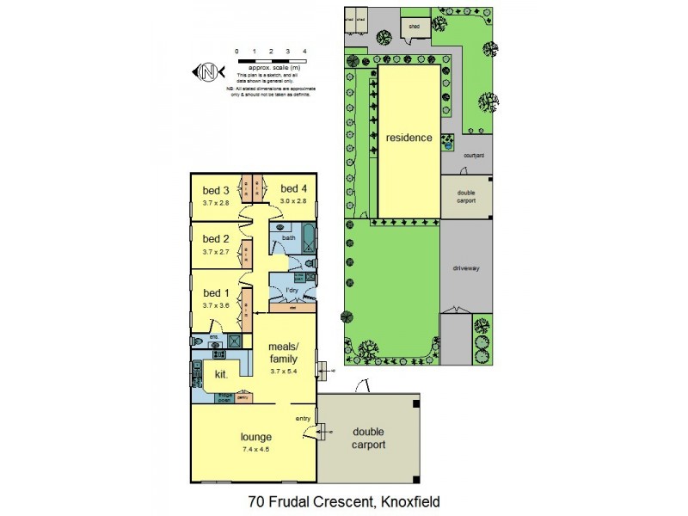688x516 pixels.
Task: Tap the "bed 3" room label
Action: (215, 190)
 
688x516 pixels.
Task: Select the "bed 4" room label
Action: (293, 189)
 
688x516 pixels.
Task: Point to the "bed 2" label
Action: (215, 239)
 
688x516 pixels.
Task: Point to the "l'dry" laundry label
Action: (292, 291)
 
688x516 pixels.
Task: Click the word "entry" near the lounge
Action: (303, 419)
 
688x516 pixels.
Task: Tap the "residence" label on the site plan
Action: (408, 138)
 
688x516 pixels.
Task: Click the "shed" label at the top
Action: (414, 26)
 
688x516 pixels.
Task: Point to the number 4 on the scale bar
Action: (306, 52)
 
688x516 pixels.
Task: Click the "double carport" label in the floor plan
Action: (368, 438)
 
